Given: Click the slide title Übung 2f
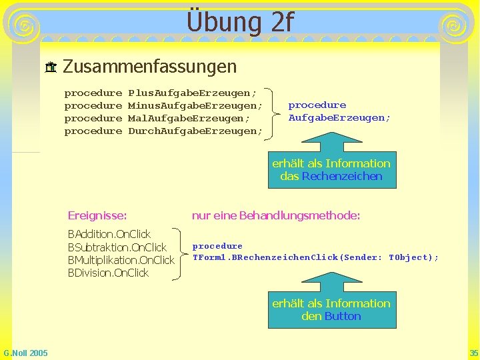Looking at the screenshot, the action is tap(240, 21).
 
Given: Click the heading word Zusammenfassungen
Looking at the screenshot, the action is tap(149, 67).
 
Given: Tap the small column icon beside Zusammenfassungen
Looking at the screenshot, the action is tap(50, 67).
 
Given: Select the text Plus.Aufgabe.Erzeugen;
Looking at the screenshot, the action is tap(192, 93).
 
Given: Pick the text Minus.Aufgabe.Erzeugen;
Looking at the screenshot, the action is tap(195, 105).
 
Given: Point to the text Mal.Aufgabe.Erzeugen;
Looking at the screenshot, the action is tap(189, 118).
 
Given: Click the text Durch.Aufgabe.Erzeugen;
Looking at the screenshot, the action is tap(195, 131).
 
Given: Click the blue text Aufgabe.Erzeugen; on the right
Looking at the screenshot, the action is tap(339, 118).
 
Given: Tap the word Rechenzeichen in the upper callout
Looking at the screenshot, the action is tap(342, 176).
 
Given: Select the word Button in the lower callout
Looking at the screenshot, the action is tap(343, 316).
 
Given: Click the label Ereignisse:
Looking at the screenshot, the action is tap(97, 215).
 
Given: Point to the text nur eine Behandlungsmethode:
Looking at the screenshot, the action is tap(276, 215).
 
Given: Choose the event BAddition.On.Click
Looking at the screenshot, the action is tap(109, 234).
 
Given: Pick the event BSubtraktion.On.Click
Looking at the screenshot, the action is tap(117, 247).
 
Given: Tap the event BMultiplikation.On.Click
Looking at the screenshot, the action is tap(121, 260).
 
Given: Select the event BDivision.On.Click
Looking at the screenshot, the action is tap(108, 273).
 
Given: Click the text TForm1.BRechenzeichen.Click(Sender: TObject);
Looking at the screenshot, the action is tap(315, 257).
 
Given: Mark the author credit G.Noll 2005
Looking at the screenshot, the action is tap(25, 353).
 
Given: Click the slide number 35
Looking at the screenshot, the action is tap(473, 353).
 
